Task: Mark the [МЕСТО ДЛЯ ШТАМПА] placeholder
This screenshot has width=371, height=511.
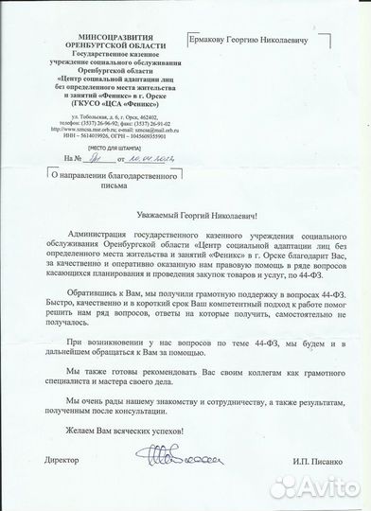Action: click(x=84, y=147)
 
